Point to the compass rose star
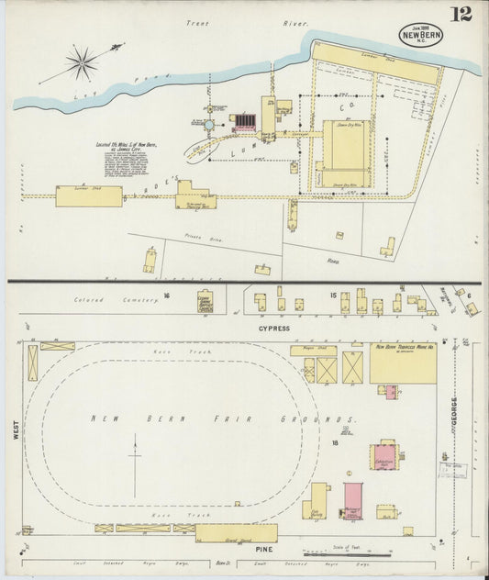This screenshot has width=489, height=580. pos(83,62)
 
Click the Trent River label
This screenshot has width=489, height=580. pos(247,23)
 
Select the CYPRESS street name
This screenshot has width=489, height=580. pos(273,328)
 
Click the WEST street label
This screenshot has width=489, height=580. pos(16,429)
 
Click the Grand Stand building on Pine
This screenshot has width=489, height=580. pos(236,533)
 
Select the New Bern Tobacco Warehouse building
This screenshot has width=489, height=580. pos(403,364)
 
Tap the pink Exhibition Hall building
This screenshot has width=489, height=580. pos(383,456)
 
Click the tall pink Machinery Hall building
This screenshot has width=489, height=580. pos(353,500)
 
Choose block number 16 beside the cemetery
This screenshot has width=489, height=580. pos(167,296)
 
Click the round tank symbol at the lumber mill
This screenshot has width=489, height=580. pos(208,125)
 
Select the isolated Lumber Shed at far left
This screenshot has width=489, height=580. pos(88,195)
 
